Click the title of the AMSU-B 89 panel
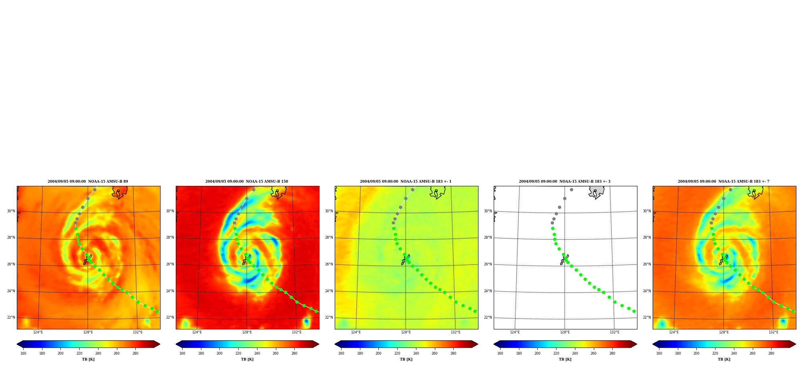coord(88,182)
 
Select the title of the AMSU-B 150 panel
coord(247,182)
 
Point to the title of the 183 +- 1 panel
coord(406,182)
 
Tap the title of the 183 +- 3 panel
coord(565,182)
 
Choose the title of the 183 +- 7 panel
coord(724,182)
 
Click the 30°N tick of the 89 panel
coord(11,211)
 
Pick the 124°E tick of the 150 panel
coord(197,332)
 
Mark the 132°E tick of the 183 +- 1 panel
coord(456,332)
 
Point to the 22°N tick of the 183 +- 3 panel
coord(488,318)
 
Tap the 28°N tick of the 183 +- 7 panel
coord(647,238)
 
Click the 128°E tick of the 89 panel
coord(88,332)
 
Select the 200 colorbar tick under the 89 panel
coord(60,353)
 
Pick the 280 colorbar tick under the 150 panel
coord(294,353)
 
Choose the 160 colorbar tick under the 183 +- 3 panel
coord(500,353)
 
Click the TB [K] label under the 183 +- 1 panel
coord(406,359)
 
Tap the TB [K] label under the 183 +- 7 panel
coord(724,359)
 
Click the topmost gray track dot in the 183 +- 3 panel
coord(571,189)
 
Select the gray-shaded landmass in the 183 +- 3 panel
coord(597,191)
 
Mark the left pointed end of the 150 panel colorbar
coord(176,344)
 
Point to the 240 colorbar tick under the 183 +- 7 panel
coord(734,353)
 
